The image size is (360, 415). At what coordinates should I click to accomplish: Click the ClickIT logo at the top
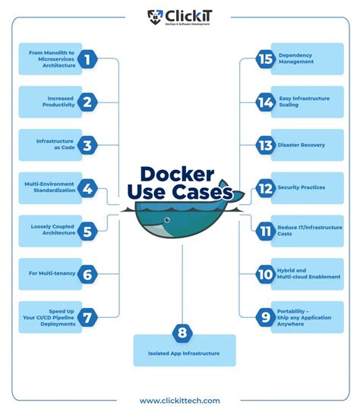[x=179, y=17]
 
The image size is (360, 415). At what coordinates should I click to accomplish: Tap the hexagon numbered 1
[x=88, y=58]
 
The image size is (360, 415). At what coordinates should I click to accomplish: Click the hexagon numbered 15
[x=264, y=58]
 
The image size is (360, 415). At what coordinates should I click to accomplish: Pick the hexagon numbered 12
[x=264, y=187]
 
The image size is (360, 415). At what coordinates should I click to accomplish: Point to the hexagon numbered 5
[x=88, y=231]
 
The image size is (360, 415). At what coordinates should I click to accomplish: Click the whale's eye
[x=156, y=222]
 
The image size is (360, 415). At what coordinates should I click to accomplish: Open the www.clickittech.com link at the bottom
[x=180, y=401]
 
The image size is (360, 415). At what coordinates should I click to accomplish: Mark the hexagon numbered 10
[x=264, y=274]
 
